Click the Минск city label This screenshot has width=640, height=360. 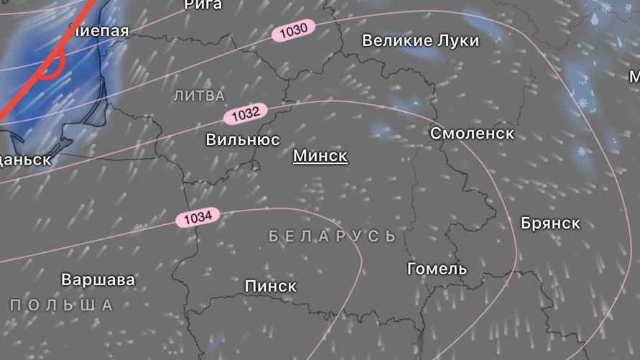pos(320,155)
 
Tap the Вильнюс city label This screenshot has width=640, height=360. pos(243,139)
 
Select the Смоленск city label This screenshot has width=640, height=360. pos(472,133)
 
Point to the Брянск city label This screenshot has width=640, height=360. pos(550,223)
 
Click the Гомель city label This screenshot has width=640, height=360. pos(437,269)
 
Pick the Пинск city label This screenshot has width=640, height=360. pos(270,286)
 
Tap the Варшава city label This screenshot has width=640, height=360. pos(98,279)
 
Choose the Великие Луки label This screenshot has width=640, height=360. pos(420,40)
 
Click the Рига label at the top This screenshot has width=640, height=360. pos(203,5)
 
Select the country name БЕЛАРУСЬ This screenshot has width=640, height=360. pos(332,236)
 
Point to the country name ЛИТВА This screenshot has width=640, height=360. pos(199,96)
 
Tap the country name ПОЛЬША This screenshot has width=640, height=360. pos(62,305)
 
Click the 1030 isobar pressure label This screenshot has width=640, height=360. pos(293,31)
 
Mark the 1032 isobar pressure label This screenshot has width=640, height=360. pos(246,114)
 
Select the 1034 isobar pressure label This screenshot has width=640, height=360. pos(198,216)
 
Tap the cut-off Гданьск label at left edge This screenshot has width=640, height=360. pos(26,160)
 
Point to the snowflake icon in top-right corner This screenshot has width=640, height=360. pos(606,7)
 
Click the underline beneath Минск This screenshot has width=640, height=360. pos(320,165)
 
